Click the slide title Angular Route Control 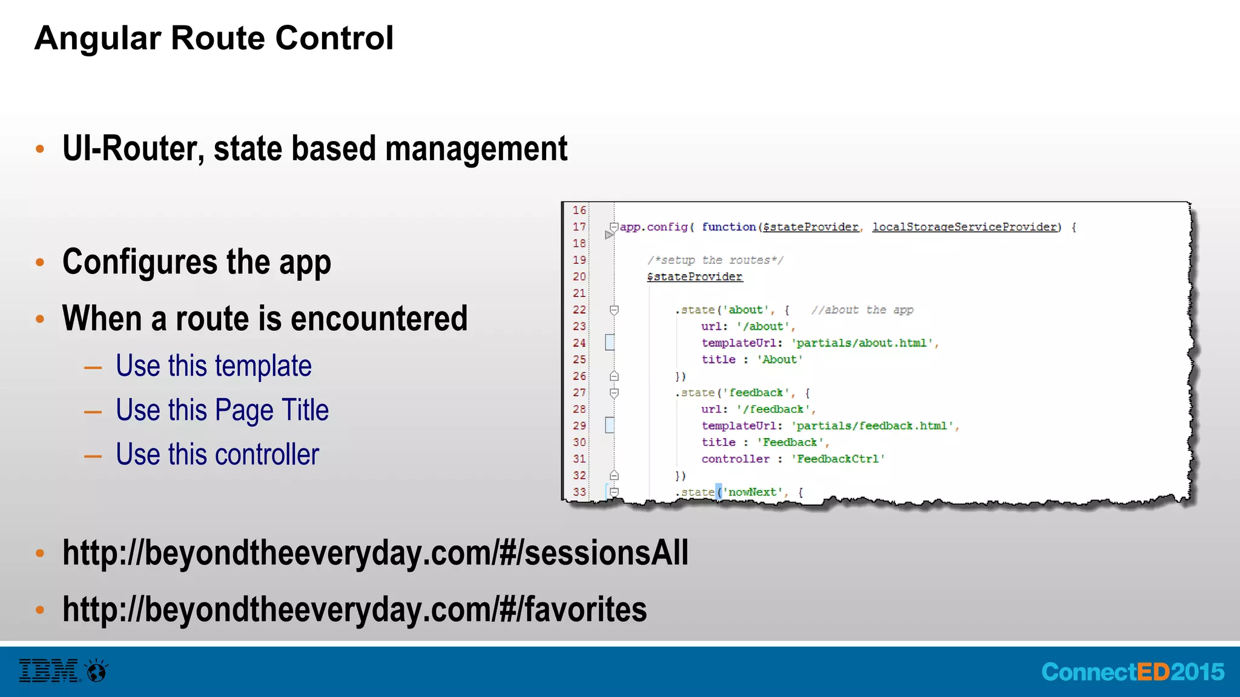(214, 38)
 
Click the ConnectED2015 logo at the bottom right (1132, 672)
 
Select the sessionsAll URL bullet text (375, 553)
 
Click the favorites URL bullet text (354, 609)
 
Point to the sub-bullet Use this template (213, 366)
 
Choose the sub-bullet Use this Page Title (222, 410)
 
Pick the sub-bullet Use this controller (217, 454)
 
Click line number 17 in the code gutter (579, 227)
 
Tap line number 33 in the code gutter (579, 492)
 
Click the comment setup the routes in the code (715, 260)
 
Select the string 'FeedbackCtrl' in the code (838, 459)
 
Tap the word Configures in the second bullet (140, 262)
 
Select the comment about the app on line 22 (862, 310)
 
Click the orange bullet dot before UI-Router (40, 149)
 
